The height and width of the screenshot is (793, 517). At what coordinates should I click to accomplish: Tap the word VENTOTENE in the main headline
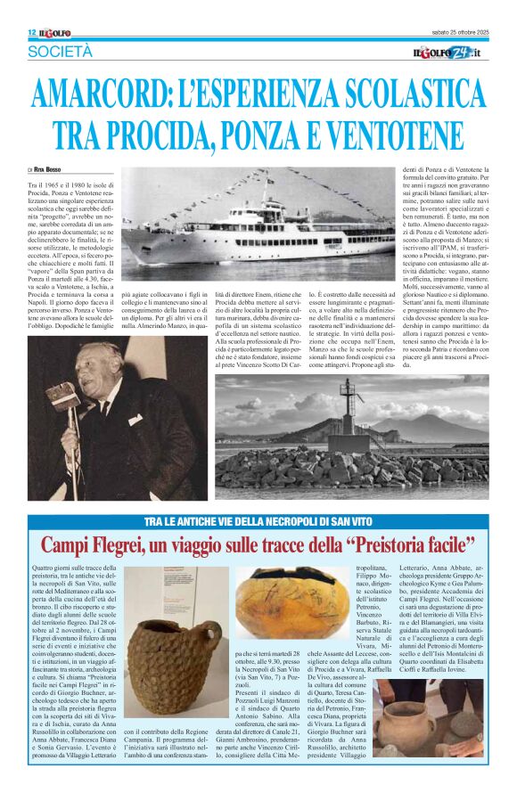[x=404, y=134]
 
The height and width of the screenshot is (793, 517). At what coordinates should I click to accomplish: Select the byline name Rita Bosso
[x=50, y=168]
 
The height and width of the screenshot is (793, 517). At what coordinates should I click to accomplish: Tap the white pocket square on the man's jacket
[x=135, y=419]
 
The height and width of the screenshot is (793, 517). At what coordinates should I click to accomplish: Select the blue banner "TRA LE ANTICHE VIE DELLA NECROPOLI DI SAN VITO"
[x=258, y=519]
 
